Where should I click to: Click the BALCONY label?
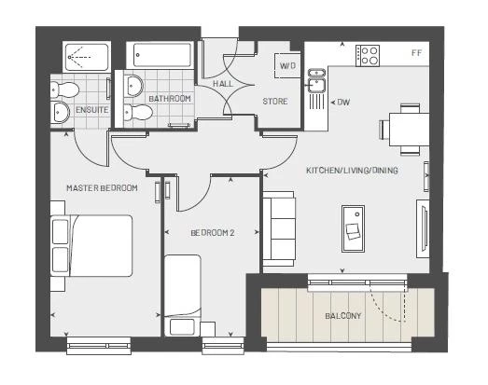[343, 316]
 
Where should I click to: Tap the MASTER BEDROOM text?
[102, 187]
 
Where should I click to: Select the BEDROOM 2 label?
[213, 233]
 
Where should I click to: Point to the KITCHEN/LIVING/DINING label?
[352, 170]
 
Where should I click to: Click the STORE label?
[275, 101]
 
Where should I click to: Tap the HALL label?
[223, 84]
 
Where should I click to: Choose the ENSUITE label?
[92, 110]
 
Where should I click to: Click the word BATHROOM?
[170, 99]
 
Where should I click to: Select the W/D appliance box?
[287, 65]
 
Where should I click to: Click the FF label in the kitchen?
[417, 53]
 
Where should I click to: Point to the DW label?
[343, 102]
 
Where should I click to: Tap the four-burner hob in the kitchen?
[368, 56]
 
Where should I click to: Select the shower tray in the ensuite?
[87, 57]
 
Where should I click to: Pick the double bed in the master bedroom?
[91, 246]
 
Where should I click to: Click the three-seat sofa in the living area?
[279, 229]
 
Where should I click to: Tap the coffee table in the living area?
[354, 228]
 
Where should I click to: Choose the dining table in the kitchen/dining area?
[409, 129]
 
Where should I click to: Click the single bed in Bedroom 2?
[182, 296]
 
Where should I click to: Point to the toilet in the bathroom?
[138, 112]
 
